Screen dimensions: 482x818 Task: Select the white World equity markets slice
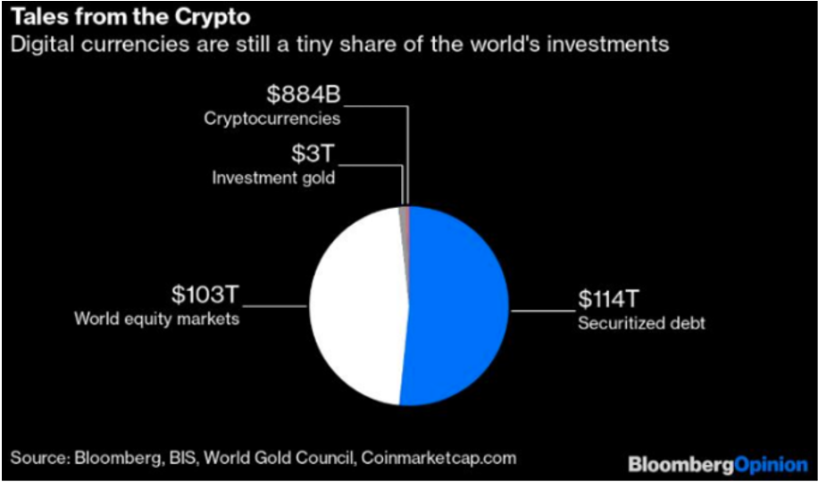click(357, 308)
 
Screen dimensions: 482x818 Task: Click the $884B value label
click(305, 92)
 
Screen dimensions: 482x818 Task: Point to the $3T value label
click(312, 153)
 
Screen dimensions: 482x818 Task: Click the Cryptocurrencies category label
click(271, 117)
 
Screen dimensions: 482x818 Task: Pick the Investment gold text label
click(273, 177)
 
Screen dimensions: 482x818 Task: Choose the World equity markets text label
click(156, 319)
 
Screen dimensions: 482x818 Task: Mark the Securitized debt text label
click(640, 322)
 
